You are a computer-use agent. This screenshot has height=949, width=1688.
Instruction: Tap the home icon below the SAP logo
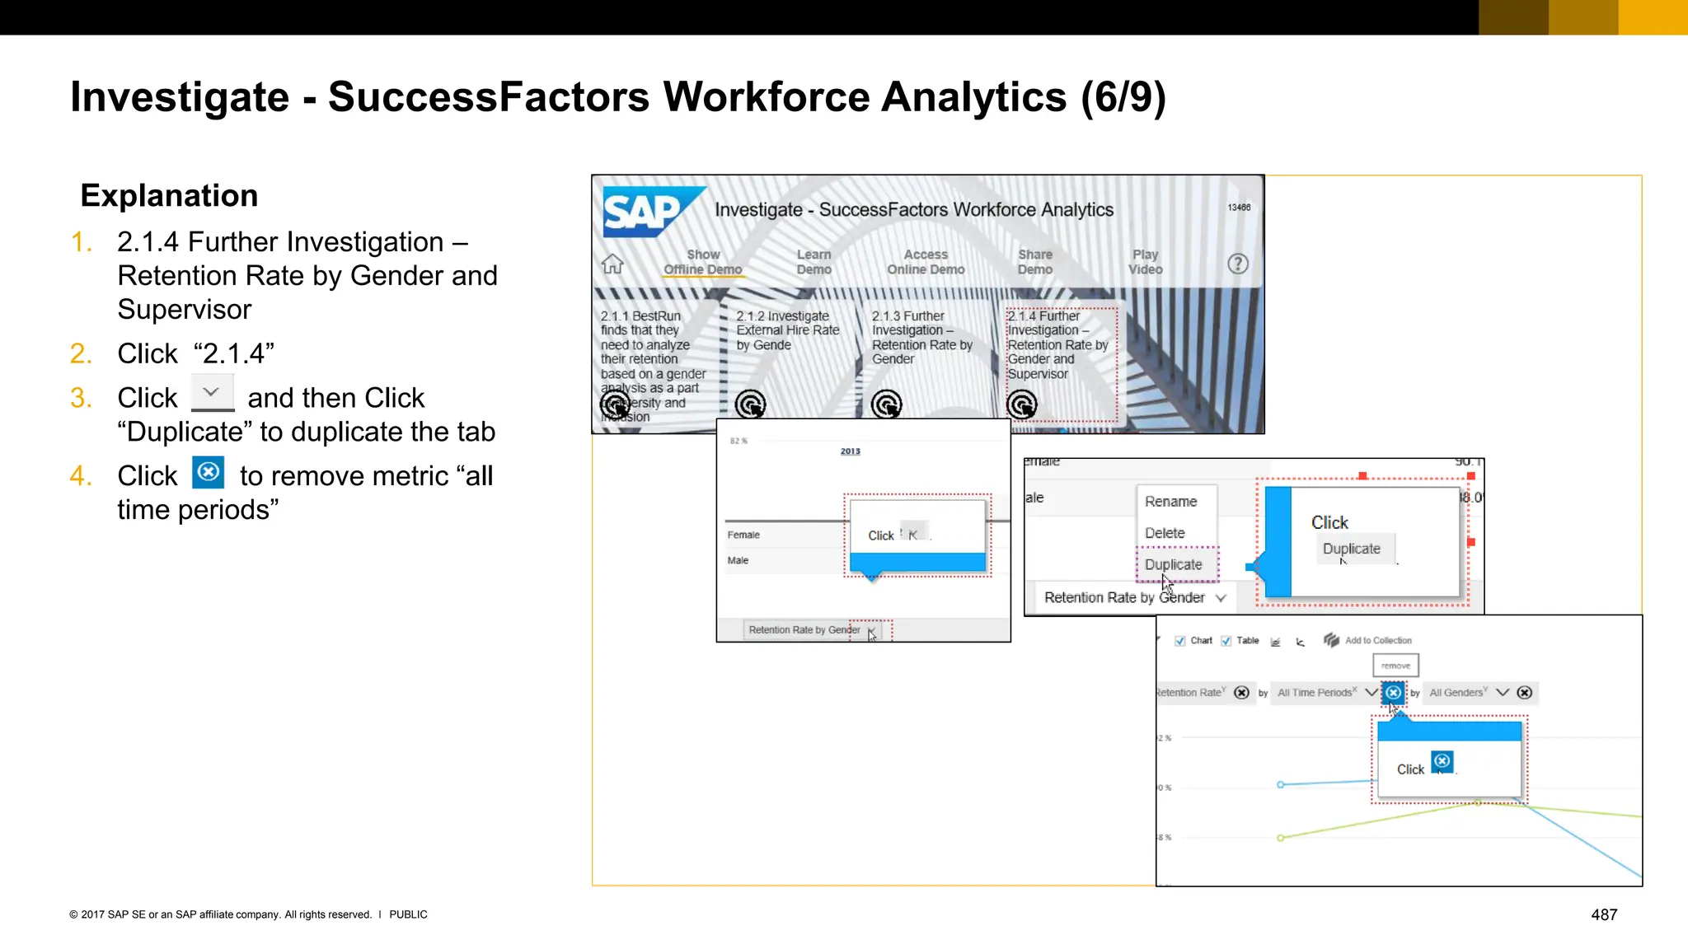pyautogui.click(x=612, y=264)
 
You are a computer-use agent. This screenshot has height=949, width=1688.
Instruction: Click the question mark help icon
pyautogui.click(x=1237, y=264)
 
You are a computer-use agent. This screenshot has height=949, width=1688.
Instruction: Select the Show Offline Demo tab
pyautogui.click(x=703, y=262)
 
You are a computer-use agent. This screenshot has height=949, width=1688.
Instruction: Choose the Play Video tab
pyautogui.click(x=1145, y=262)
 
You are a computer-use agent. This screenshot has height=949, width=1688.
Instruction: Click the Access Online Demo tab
pyautogui.click(x=926, y=262)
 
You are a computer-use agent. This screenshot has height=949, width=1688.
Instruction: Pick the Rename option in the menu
pyautogui.click(x=1170, y=501)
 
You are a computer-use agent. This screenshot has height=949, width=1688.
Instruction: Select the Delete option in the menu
pyautogui.click(x=1165, y=533)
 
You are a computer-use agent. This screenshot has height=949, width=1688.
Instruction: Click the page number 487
pyautogui.click(x=1604, y=914)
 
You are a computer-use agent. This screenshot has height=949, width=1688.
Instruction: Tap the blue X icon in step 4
pyautogui.click(x=209, y=472)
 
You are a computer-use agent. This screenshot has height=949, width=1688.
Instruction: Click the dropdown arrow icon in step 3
pyautogui.click(x=212, y=393)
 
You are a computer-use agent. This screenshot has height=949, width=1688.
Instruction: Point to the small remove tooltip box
pyautogui.click(x=1395, y=665)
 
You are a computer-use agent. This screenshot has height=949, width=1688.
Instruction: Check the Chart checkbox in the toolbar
pyautogui.click(x=1180, y=641)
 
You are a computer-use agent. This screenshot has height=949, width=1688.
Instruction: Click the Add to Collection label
pyautogui.click(x=1378, y=640)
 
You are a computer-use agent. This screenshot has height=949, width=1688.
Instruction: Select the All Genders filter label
pyautogui.click(x=1456, y=693)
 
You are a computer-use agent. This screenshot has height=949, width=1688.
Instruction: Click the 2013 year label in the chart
pyautogui.click(x=850, y=451)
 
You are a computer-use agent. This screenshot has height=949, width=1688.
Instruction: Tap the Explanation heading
pyautogui.click(x=169, y=195)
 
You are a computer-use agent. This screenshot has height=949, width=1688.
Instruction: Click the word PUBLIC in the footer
pyautogui.click(x=408, y=914)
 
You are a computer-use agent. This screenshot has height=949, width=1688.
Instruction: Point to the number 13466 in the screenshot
pyautogui.click(x=1239, y=208)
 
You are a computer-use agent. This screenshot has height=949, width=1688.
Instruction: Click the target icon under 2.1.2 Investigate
pyautogui.click(x=750, y=404)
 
